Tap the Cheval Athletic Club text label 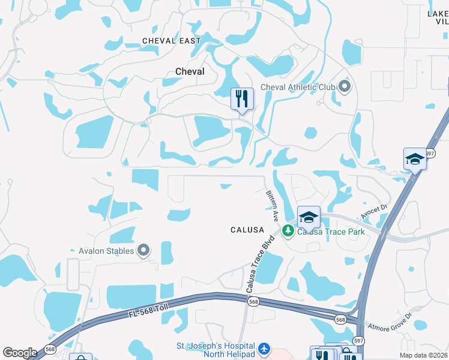(x=298, y=88)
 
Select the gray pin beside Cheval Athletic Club (x=345, y=88)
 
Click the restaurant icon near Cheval (x=242, y=98)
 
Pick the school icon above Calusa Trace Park (x=308, y=217)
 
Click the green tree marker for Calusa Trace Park (x=288, y=230)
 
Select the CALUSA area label (x=247, y=230)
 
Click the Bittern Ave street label (x=272, y=205)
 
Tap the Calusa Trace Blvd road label (x=260, y=263)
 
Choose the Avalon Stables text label (x=106, y=251)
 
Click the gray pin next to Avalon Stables (x=143, y=250)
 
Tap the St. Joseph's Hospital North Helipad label (x=215, y=349)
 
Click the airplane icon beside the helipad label (x=264, y=349)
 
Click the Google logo (x=20, y=353)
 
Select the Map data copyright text (x=423, y=355)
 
